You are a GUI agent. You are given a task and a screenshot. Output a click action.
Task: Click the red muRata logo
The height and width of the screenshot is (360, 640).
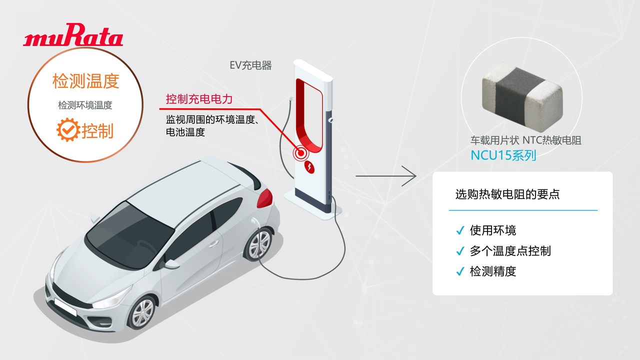73,34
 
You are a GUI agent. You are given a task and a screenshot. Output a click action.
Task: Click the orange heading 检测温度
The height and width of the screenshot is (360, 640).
85,81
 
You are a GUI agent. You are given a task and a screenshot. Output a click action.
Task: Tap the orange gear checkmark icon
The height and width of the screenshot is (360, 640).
68,129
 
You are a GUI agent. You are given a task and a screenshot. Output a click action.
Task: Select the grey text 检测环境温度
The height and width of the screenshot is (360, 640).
85,105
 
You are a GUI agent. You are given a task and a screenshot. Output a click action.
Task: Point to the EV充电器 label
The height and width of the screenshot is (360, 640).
250,65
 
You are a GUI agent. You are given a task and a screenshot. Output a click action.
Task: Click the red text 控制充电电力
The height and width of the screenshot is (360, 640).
199,99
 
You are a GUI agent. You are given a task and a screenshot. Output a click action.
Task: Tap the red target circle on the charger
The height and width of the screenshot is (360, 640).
300,153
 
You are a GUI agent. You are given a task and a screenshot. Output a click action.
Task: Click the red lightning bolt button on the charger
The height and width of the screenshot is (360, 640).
309,167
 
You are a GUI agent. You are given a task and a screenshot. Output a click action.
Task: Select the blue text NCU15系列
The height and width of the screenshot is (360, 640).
503,155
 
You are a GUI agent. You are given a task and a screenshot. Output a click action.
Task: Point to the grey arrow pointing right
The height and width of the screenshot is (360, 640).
385,176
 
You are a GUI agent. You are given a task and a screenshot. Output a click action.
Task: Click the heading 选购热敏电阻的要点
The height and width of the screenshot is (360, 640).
507,194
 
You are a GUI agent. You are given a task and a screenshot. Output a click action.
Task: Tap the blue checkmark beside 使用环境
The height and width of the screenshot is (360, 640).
460,230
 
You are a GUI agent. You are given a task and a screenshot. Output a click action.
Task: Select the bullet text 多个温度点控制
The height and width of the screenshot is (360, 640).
510,251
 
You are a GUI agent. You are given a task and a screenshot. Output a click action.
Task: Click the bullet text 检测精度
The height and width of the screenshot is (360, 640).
493,271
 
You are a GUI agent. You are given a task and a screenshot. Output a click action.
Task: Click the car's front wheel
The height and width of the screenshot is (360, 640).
142,313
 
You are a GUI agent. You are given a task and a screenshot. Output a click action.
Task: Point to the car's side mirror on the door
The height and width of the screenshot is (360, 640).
171,264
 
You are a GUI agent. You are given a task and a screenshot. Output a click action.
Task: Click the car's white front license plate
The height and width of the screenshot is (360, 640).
65,307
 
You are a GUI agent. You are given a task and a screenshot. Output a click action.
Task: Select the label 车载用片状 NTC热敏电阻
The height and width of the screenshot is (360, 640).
526,140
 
